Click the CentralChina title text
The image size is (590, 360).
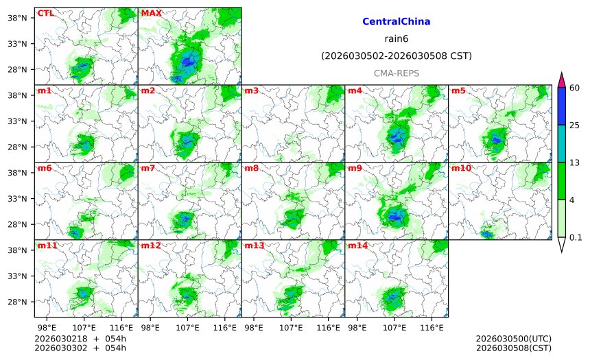(x=396, y=22)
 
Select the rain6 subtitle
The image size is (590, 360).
(x=396, y=39)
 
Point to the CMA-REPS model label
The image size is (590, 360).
(x=396, y=73)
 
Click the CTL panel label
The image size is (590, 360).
(x=45, y=13)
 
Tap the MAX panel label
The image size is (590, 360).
(x=151, y=13)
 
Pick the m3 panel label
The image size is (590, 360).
(x=251, y=91)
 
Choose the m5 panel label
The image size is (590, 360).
(x=458, y=91)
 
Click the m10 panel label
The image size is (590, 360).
(x=461, y=168)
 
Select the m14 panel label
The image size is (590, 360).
(x=357, y=245)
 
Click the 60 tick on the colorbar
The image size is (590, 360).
(x=575, y=87)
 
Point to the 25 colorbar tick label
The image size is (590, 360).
(x=575, y=125)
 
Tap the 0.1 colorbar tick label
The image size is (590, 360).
(x=576, y=238)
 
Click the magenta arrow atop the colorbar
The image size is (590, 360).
(x=561, y=80)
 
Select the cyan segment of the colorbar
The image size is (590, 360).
(x=561, y=143)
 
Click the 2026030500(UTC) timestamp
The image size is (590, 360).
(x=513, y=339)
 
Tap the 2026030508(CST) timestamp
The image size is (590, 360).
(x=513, y=348)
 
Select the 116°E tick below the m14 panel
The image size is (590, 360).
(x=432, y=328)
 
